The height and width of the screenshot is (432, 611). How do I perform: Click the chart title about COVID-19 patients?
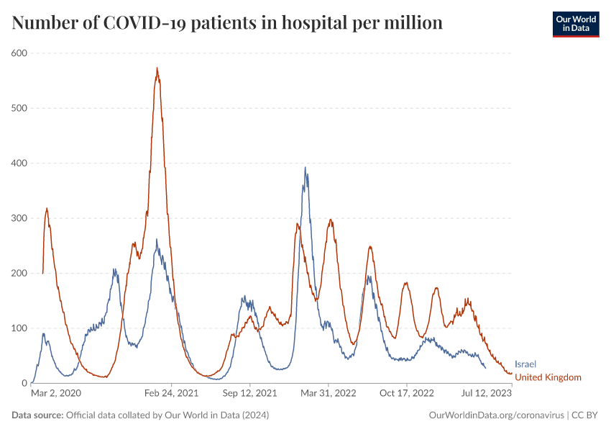227,23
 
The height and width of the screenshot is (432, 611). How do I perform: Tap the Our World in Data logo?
575,24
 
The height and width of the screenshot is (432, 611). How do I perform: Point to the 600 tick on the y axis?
19,53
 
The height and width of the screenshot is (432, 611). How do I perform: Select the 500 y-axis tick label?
19,108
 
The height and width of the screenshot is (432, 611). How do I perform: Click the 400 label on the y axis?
19,163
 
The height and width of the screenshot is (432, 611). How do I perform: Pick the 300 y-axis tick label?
19,218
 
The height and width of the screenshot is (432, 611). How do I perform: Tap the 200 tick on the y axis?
19,274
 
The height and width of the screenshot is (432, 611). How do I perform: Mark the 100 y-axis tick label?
19,328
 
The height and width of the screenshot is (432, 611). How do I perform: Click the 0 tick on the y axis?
24,383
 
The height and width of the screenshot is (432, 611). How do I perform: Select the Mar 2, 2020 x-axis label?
56,394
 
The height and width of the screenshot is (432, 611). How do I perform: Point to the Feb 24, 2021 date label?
171,394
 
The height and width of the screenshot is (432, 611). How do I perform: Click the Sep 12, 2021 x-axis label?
250,394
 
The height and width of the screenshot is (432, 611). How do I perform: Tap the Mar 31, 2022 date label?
329,394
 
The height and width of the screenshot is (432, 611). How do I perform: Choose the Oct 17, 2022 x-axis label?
407,394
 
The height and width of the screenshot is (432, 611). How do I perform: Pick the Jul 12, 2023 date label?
487,394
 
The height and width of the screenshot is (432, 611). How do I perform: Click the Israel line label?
525,364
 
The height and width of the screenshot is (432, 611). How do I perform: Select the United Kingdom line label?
548,377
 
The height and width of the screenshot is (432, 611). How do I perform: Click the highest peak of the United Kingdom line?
157,68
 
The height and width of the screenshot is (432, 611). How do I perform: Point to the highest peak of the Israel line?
305,168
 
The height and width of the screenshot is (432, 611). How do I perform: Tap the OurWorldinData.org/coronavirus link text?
496,415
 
